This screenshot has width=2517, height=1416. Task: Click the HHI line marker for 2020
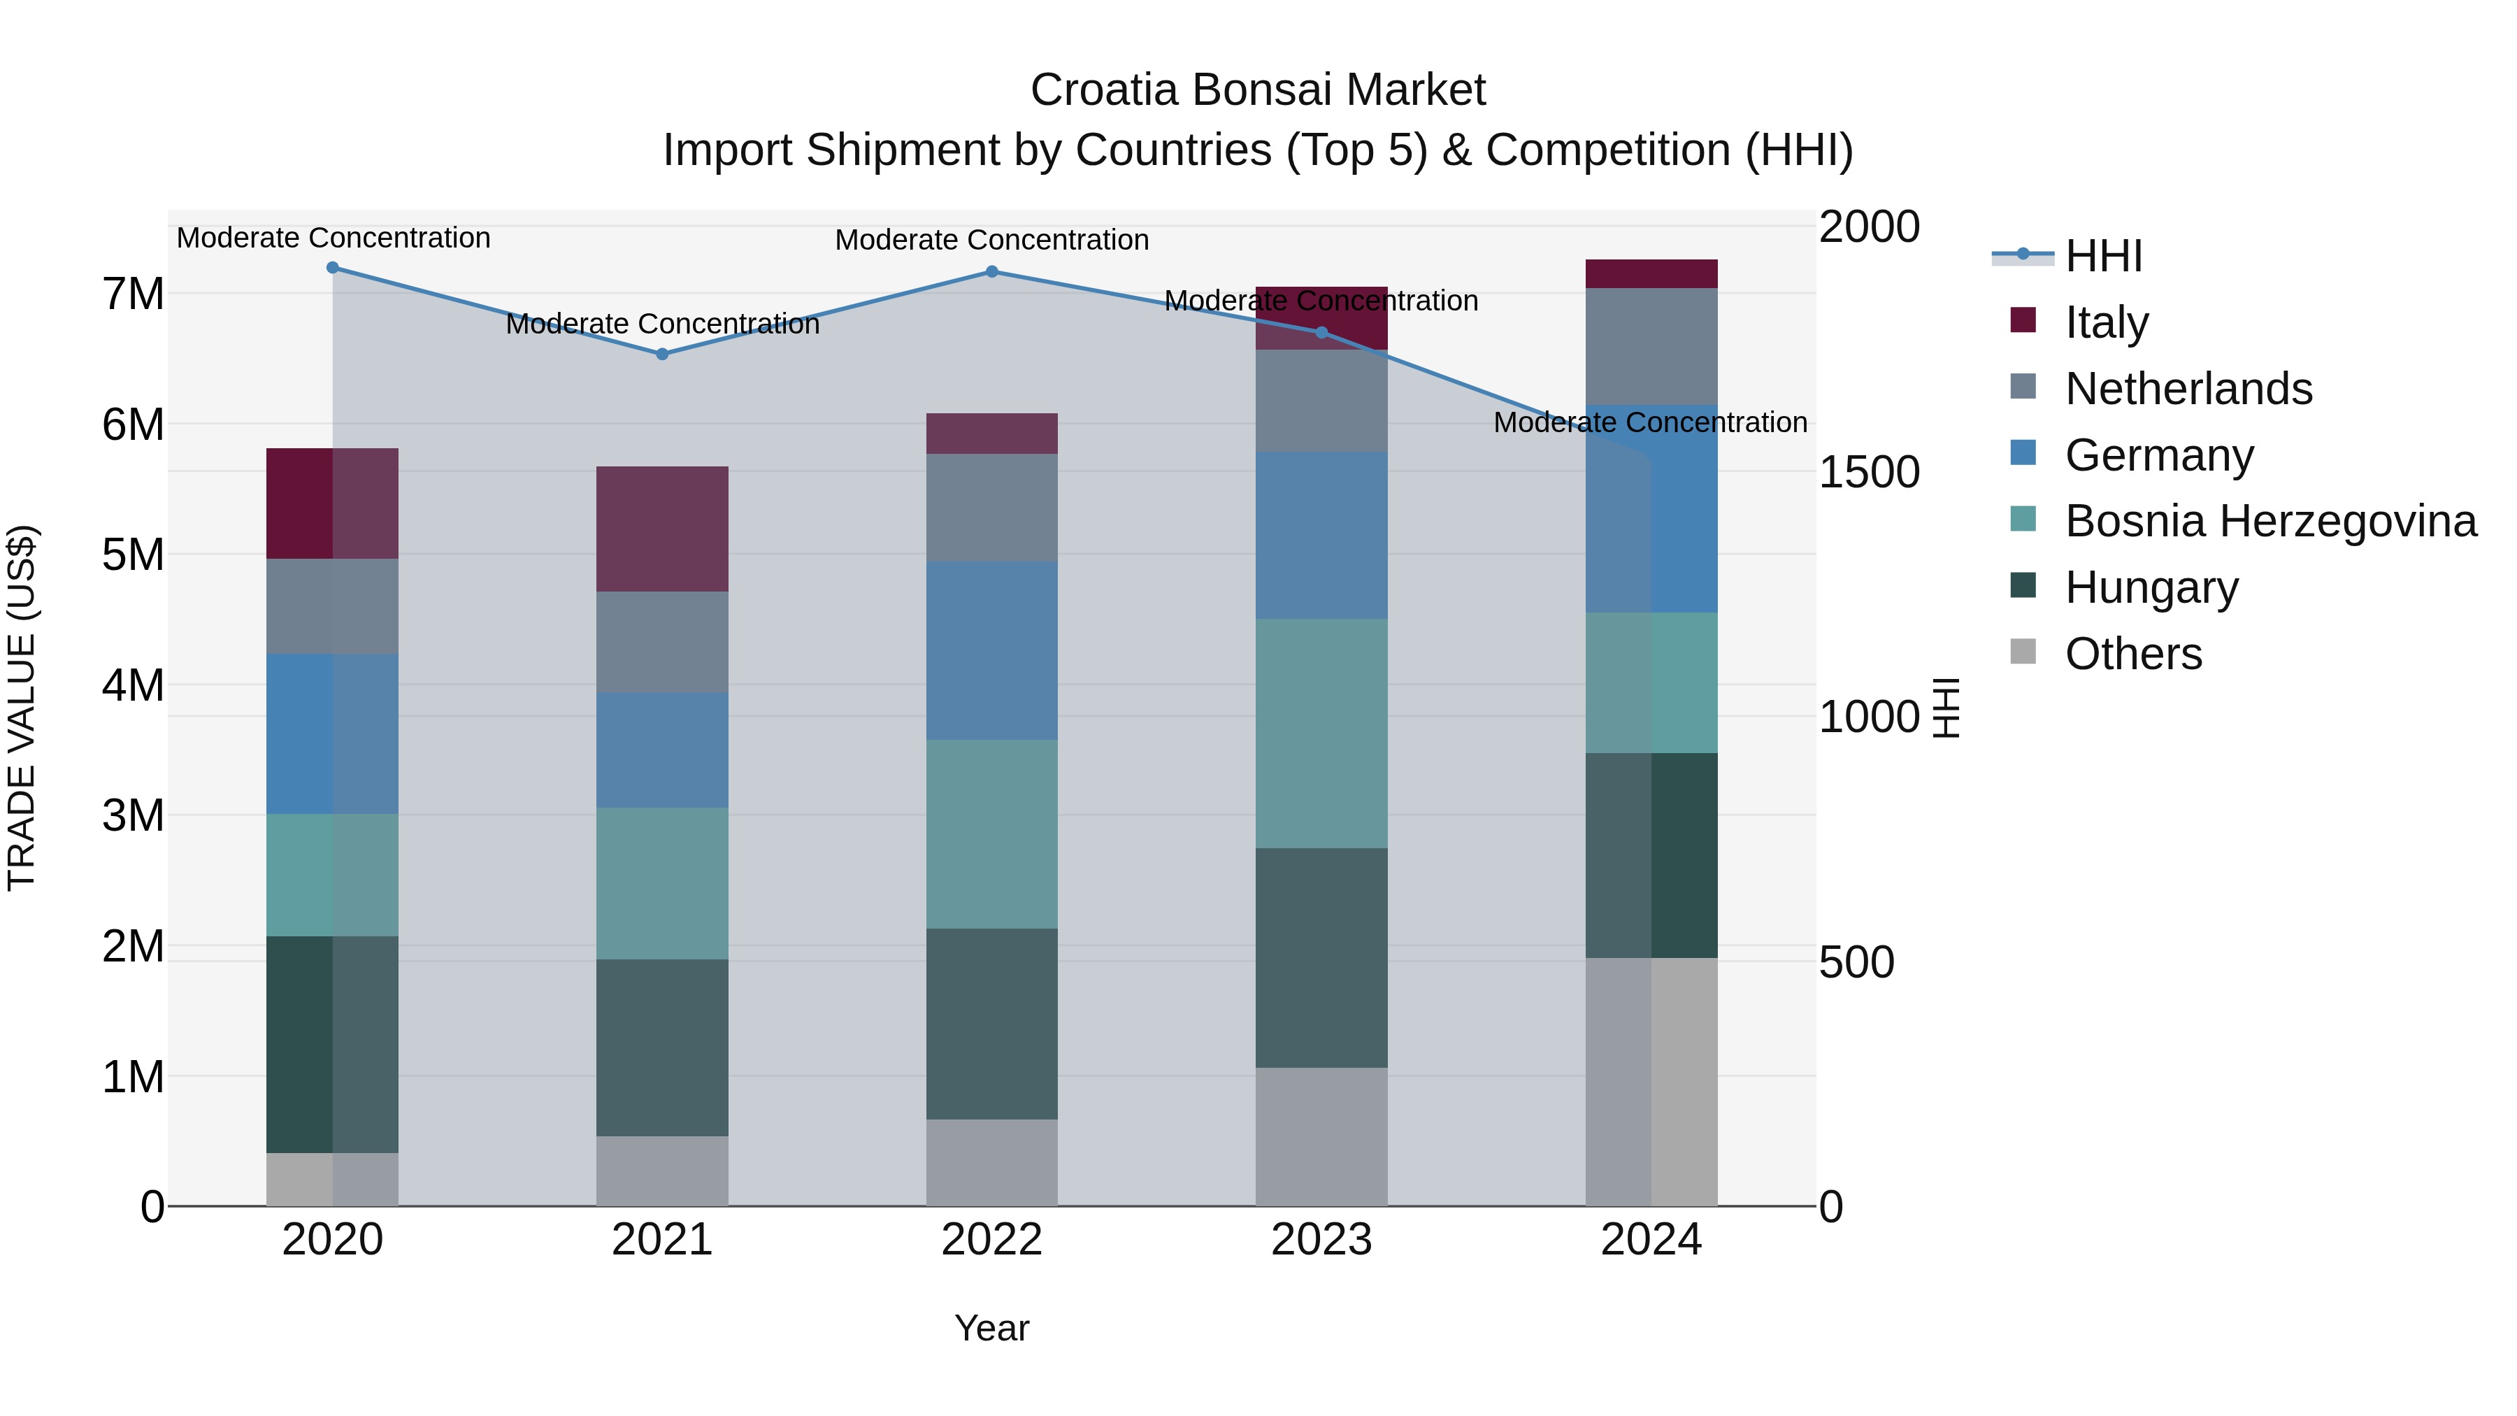332,268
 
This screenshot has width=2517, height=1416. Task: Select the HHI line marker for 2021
663,354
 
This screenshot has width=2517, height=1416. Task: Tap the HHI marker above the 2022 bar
991,272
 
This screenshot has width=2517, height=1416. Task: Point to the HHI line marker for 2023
1322,332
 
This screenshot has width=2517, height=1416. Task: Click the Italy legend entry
2106,322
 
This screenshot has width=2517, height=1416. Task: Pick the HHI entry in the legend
2102,256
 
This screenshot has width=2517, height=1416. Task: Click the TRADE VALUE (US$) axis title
22,708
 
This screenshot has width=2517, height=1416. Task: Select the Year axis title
991,1328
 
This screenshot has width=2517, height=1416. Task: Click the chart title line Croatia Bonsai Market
1258,90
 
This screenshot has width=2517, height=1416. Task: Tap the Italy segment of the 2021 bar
663,529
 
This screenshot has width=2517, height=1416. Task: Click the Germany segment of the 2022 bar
991,651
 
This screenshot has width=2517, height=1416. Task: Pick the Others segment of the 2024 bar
1651,1082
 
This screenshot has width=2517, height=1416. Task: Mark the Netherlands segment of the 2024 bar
1651,346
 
